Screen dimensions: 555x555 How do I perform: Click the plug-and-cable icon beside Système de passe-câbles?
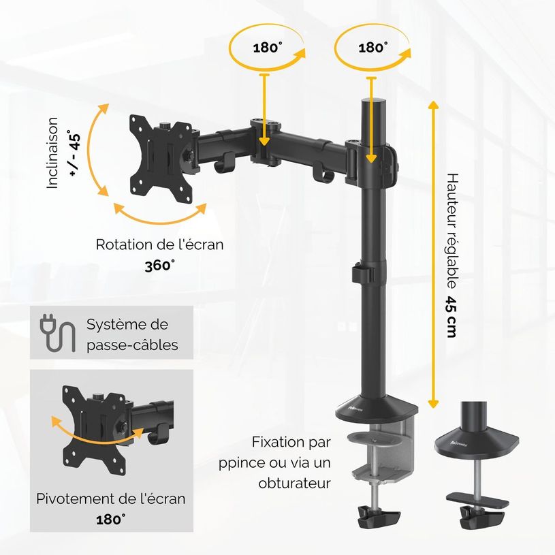[x=57, y=332]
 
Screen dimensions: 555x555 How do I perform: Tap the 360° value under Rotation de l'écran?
[x=159, y=266]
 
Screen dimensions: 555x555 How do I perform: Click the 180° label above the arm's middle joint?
[x=267, y=48]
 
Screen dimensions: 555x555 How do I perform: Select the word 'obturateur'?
[x=294, y=483]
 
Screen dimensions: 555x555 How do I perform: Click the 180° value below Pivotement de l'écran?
[x=110, y=520]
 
